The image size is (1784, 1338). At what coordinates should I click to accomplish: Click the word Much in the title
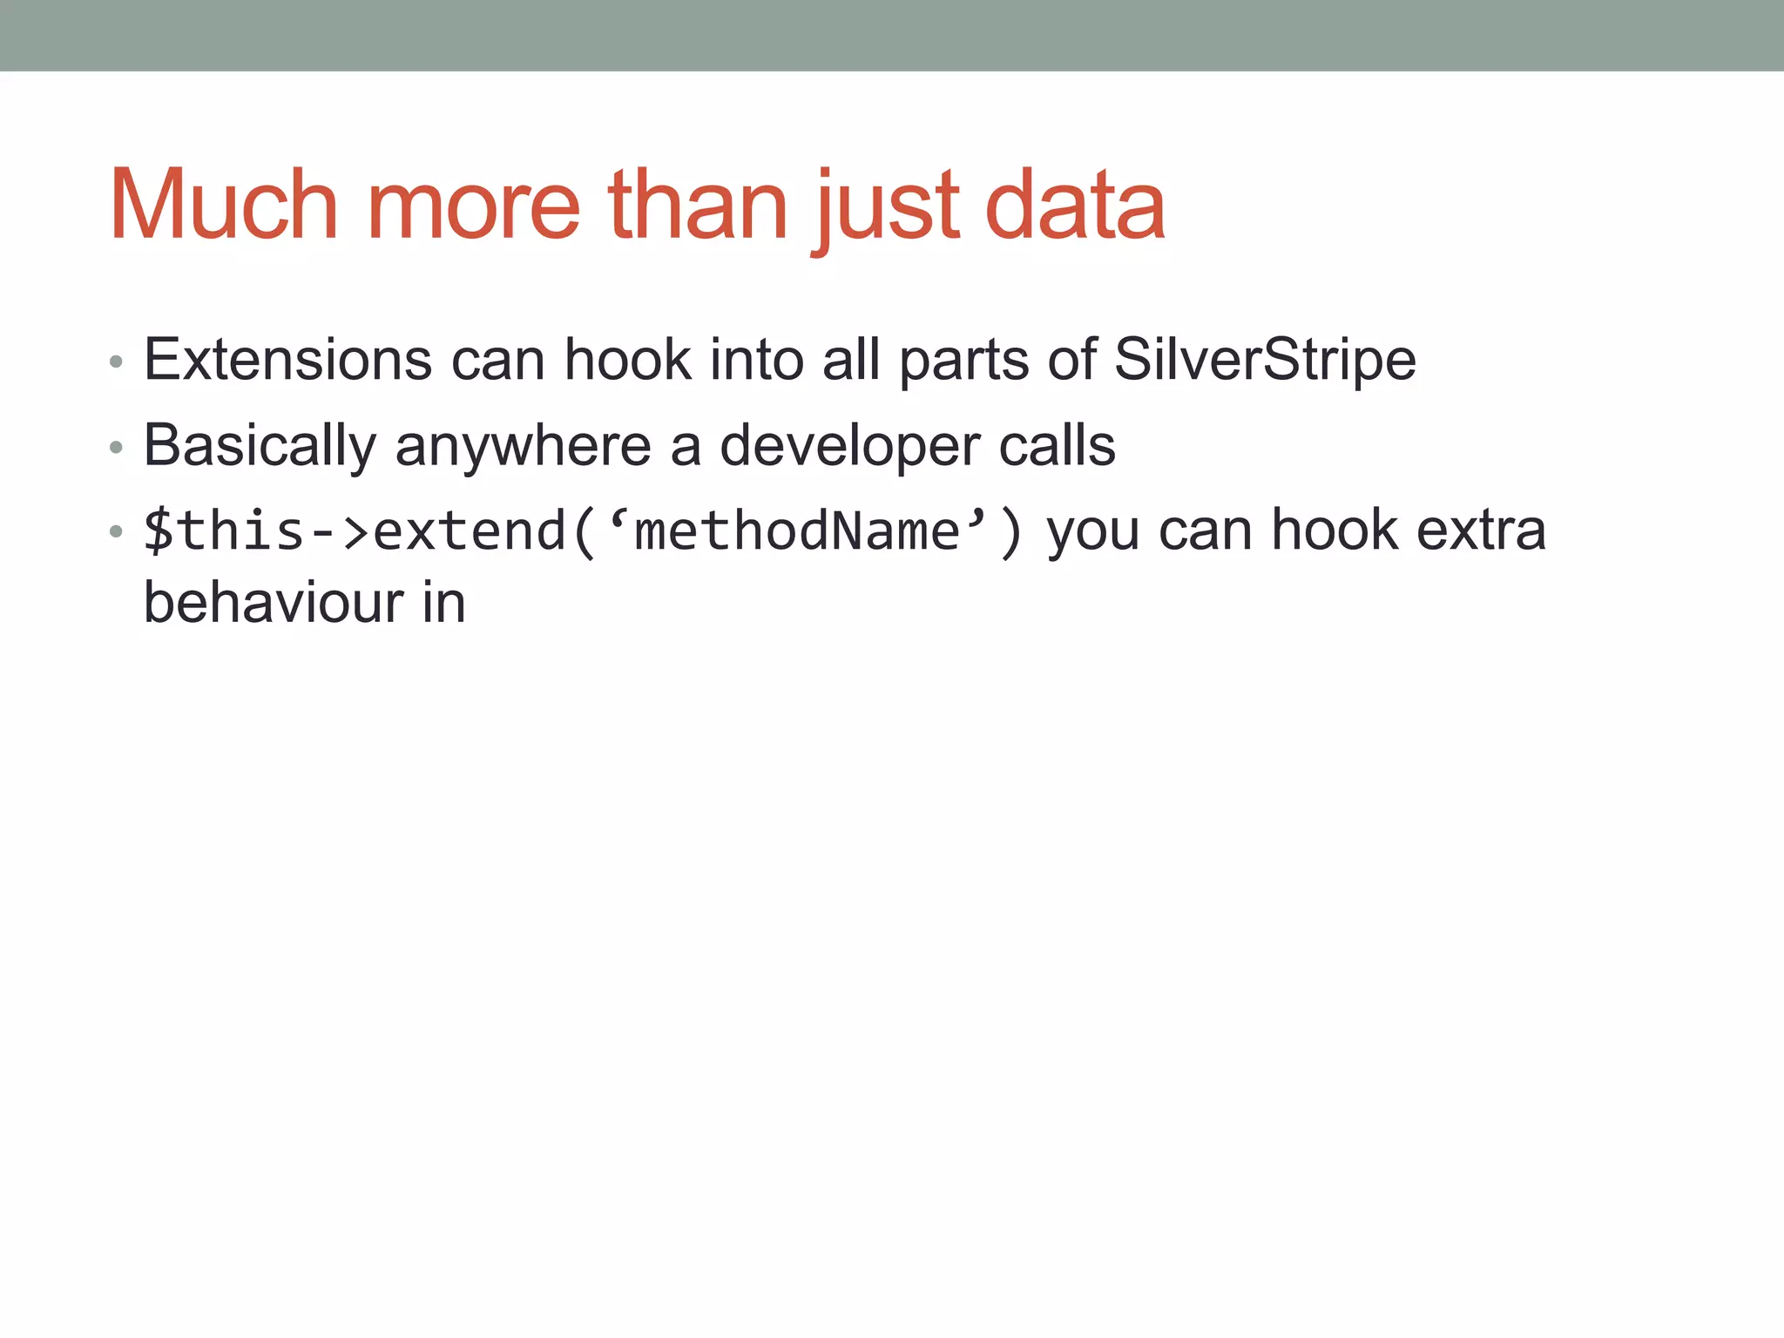click(x=224, y=206)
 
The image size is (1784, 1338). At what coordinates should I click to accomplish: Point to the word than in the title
click(x=698, y=206)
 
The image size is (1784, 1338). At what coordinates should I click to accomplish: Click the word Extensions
click(x=287, y=359)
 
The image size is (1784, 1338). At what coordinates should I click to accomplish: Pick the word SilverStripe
click(x=1265, y=359)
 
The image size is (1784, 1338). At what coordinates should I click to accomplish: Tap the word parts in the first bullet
click(x=963, y=359)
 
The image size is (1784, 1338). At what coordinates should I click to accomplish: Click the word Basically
click(x=260, y=445)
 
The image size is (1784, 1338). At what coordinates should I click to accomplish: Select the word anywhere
click(x=523, y=445)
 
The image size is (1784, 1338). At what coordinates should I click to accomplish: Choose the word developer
click(x=849, y=445)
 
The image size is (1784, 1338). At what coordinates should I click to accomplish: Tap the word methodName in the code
click(x=797, y=530)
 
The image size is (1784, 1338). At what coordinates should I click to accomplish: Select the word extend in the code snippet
click(x=470, y=530)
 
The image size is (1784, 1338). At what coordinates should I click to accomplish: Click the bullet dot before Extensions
click(x=116, y=362)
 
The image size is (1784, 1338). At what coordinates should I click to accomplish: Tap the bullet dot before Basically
click(x=116, y=448)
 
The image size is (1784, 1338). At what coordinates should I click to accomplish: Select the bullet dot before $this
click(x=116, y=531)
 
